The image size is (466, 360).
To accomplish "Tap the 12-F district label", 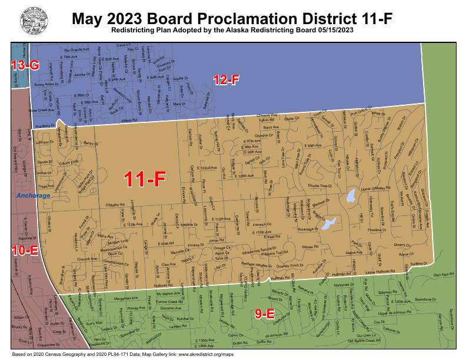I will click(x=226, y=81).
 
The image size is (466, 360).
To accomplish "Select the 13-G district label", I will click(x=25, y=66).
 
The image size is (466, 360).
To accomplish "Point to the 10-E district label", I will click(x=24, y=251).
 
